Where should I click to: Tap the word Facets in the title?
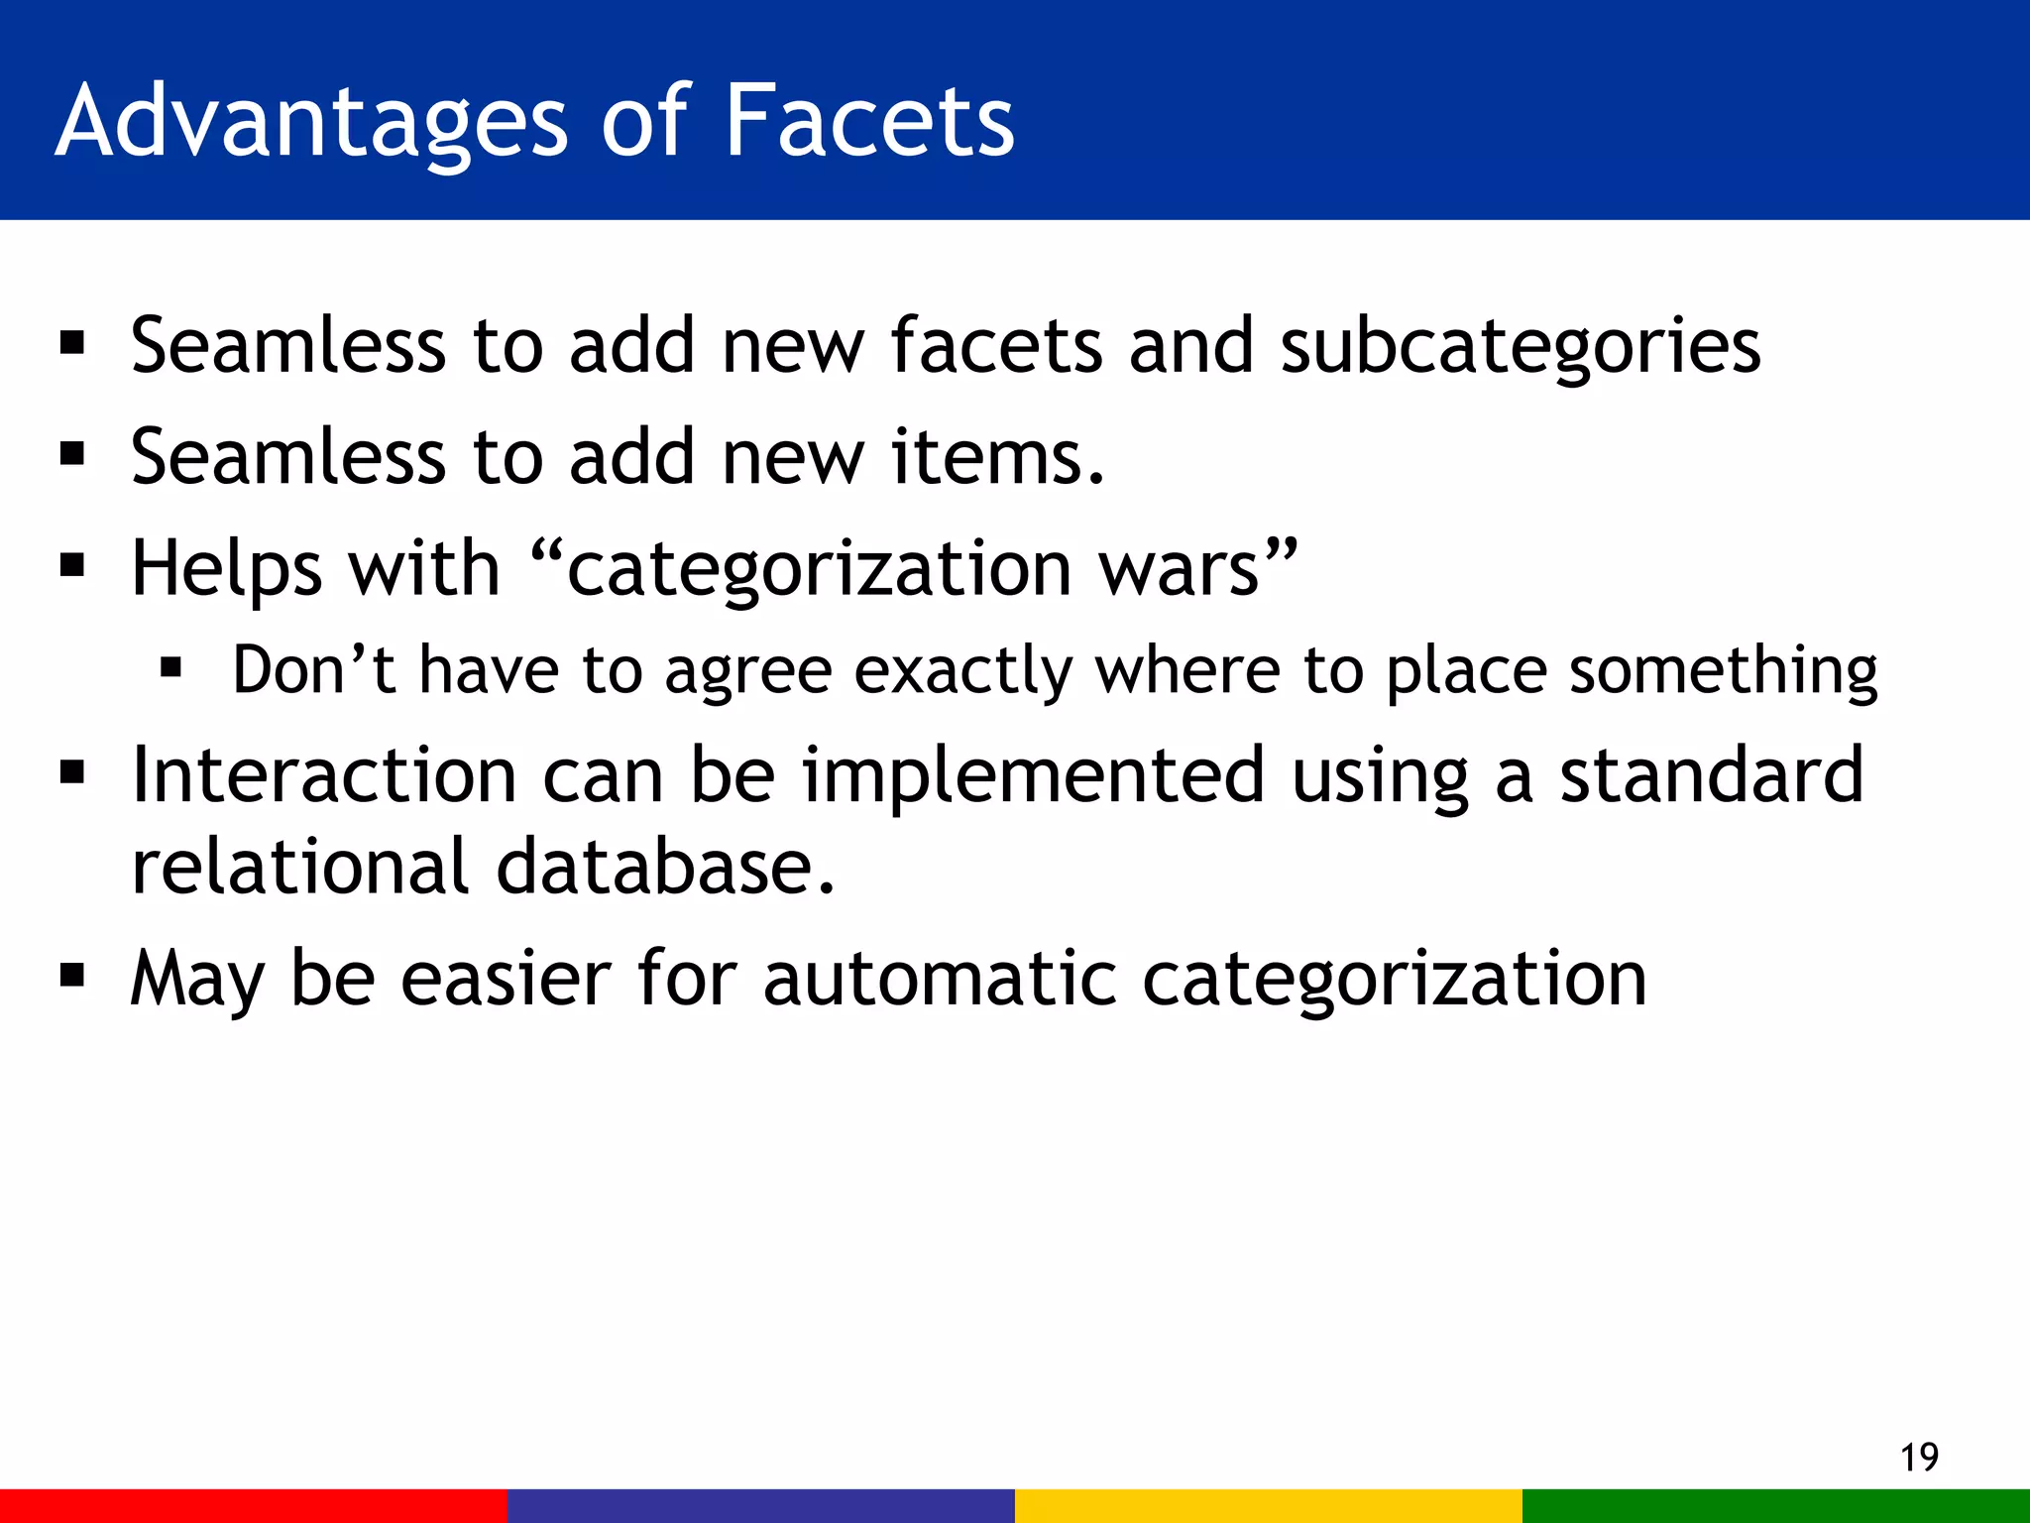click(x=869, y=121)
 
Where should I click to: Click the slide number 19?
click(x=1919, y=1458)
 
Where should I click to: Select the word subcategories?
click(x=1521, y=347)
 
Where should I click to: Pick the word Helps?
click(x=227, y=569)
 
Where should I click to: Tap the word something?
click(x=1724, y=671)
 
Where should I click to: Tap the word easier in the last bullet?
click(x=506, y=979)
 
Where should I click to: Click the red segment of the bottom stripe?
click(x=254, y=1505)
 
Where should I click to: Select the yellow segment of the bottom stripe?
click(x=1269, y=1505)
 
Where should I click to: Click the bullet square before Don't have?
click(x=171, y=669)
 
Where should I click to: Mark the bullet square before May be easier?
click(x=72, y=977)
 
